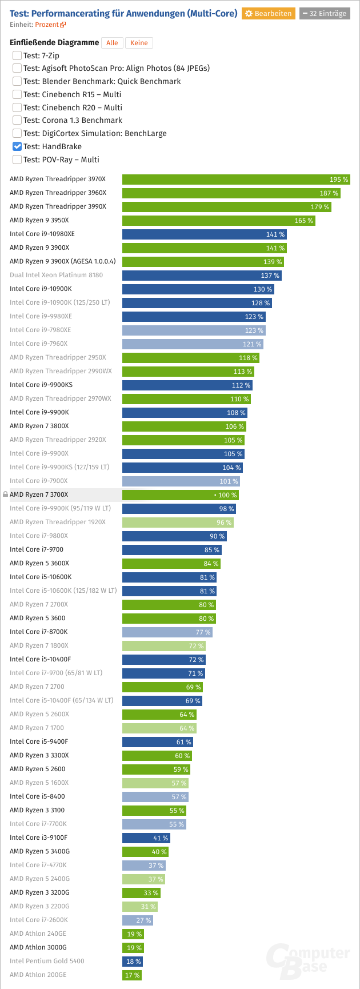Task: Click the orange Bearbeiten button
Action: pos(268,13)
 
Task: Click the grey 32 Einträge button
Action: pos(325,13)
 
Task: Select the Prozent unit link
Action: pos(50,25)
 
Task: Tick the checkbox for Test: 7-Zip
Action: pos(17,55)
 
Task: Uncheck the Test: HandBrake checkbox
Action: pos(17,146)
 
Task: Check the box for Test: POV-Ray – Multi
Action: pos(17,159)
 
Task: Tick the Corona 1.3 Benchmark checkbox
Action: pos(17,121)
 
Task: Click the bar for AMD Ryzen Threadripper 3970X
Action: pos(236,180)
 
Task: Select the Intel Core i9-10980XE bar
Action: pos(204,234)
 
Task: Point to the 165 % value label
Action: pos(303,221)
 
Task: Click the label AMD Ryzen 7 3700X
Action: pos(39,494)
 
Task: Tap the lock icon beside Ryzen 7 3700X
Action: pos(5,494)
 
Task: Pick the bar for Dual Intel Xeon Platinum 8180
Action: pos(202,276)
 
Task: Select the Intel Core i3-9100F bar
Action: pos(146,838)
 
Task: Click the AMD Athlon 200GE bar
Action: pos(131,975)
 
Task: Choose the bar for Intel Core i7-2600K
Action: pos(137,920)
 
